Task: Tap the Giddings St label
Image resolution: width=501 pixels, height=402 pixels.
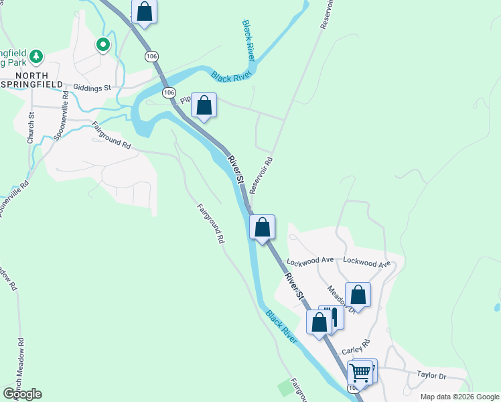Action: pyautogui.click(x=92, y=87)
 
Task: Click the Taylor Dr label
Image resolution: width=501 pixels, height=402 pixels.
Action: pyautogui.click(x=431, y=376)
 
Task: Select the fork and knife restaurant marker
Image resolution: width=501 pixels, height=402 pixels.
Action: pyautogui.click(x=332, y=316)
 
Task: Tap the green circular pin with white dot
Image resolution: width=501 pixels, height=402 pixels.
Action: pyautogui.click(x=103, y=45)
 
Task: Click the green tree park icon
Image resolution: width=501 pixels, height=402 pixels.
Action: pyautogui.click(x=38, y=55)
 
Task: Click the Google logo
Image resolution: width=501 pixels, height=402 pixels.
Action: pyautogui.click(x=22, y=394)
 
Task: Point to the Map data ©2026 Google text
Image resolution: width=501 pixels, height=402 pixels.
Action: pyautogui.click(x=459, y=397)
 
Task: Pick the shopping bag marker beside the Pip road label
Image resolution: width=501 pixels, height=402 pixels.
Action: pyautogui.click(x=204, y=106)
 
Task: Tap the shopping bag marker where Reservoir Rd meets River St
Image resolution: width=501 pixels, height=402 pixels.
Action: pyautogui.click(x=263, y=227)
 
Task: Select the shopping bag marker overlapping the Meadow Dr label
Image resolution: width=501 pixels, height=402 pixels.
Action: pyautogui.click(x=358, y=295)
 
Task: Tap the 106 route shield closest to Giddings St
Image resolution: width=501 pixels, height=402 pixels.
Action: pyautogui.click(x=169, y=92)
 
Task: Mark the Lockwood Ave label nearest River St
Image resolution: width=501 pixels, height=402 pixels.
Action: pyautogui.click(x=310, y=260)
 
